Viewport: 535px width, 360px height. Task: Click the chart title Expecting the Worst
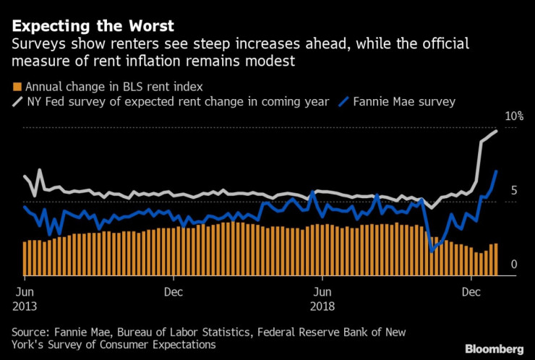pyautogui.click(x=93, y=27)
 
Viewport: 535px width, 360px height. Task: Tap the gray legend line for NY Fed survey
pyautogui.click(x=17, y=102)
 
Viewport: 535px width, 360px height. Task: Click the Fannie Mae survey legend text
pyautogui.click(x=404, y=102)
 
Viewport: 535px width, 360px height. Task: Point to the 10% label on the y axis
pyautogui.click(x=513, y=116)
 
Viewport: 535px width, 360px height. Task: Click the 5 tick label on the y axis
pyautogui.click(x=513, y=191)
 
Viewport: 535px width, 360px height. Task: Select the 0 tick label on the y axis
pyautogui.click(x=513, y=265)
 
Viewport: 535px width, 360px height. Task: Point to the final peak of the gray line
pyautogui.click(x=496, y=131)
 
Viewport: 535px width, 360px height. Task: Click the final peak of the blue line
pyautogui.click(x=496, y=171)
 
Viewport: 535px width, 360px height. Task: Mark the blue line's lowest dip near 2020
pyautogui.click(x=432, y=251)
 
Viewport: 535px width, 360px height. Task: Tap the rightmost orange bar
pyautogui.click(x=496, y=260)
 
